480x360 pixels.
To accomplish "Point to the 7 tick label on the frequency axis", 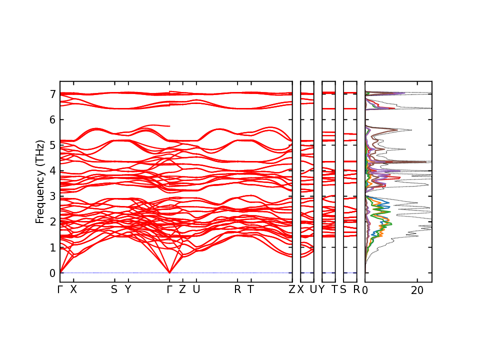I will pyautogui.click(x=52, y=94).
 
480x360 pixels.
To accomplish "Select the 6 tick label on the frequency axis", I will pyautogui.click(x=52, y=119).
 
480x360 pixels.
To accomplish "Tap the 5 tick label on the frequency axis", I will pyautogui.click(x=52, y=145).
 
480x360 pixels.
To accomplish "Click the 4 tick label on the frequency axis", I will pyautogui.click(x=52, y=170).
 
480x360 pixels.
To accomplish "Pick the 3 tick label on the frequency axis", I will pyautogui.click(x=52, y=196).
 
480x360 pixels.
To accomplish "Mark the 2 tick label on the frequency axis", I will pyautogui.click(x=52, y=222).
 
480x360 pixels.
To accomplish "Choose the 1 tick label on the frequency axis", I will pyautogui.click(x=52, y=247).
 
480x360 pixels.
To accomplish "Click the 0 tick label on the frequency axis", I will pyautogui.click(x=52, y=273).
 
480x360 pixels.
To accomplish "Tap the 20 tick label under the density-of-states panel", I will pyautogui.click(x=417, y=290).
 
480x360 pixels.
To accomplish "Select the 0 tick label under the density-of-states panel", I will pyautogui.click(x=365, y=290).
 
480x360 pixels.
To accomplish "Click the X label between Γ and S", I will pyautogui.click(x=73, y=289).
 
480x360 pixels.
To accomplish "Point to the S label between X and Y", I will pyautogui.click(x=114, y=289).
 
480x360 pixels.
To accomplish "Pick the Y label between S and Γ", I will pyautogui.click(x=127, y=289).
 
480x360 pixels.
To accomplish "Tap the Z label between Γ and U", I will pyautogui.click(x=182, y=289).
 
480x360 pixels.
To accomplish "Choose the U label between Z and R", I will pyautogui.click(x=196, y=289).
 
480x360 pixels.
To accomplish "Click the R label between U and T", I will pyautogui.click(x=237, y=289).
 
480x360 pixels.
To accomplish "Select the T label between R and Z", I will pyautogui.click(x=250, y=289).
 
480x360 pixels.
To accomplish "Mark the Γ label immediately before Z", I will pyautogui.click(x=169, y=289).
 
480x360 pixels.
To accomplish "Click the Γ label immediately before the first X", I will pyautogui.click(x=60, y=289).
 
